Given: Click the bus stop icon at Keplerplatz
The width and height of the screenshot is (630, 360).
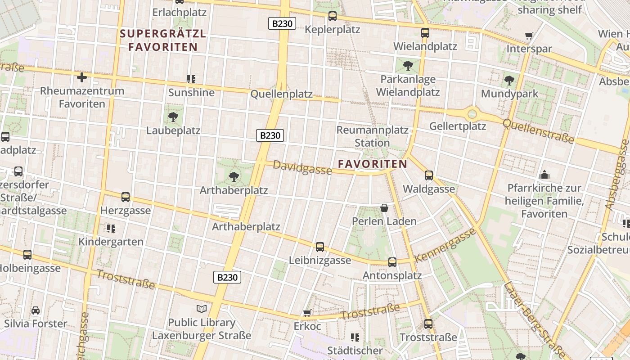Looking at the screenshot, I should tap(333, 16).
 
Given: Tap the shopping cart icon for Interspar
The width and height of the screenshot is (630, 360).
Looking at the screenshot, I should tap(529, 36).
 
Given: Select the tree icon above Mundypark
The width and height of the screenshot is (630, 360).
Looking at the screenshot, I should tap(509, 81).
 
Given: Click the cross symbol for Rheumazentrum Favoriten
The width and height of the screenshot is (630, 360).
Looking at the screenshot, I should tap(82, 77).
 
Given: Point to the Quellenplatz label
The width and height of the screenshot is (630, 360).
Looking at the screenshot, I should tap(281, 94).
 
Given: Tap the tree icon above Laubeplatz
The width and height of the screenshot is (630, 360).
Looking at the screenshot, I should tap(173, 117).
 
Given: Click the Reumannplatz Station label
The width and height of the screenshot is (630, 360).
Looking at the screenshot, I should tap(373, 136).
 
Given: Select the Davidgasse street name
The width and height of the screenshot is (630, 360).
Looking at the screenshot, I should tap(302, 168).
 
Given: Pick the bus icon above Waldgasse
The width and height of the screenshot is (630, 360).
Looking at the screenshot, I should tap(429, 175).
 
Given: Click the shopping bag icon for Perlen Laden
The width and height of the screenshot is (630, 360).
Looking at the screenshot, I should tap(384, 208).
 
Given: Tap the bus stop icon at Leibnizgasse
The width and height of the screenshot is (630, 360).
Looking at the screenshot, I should tap(320, 247).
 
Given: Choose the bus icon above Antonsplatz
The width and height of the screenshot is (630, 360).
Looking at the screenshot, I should tap(392, 262).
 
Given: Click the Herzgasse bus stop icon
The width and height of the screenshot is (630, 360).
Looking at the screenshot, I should tap(126, 197).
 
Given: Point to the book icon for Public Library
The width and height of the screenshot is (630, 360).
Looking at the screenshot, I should tap(202, 309).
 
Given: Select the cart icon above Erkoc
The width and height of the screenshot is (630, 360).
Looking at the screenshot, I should tap(307, 313).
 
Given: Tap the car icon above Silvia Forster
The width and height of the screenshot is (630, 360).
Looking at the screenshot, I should tap(36, 310).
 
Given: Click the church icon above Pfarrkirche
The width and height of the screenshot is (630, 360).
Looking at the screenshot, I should tap(544, 175).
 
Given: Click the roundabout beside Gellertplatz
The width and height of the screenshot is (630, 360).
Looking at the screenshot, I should tap(472, 114).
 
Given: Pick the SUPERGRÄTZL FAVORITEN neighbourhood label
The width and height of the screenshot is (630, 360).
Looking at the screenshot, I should tap(163, 40).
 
